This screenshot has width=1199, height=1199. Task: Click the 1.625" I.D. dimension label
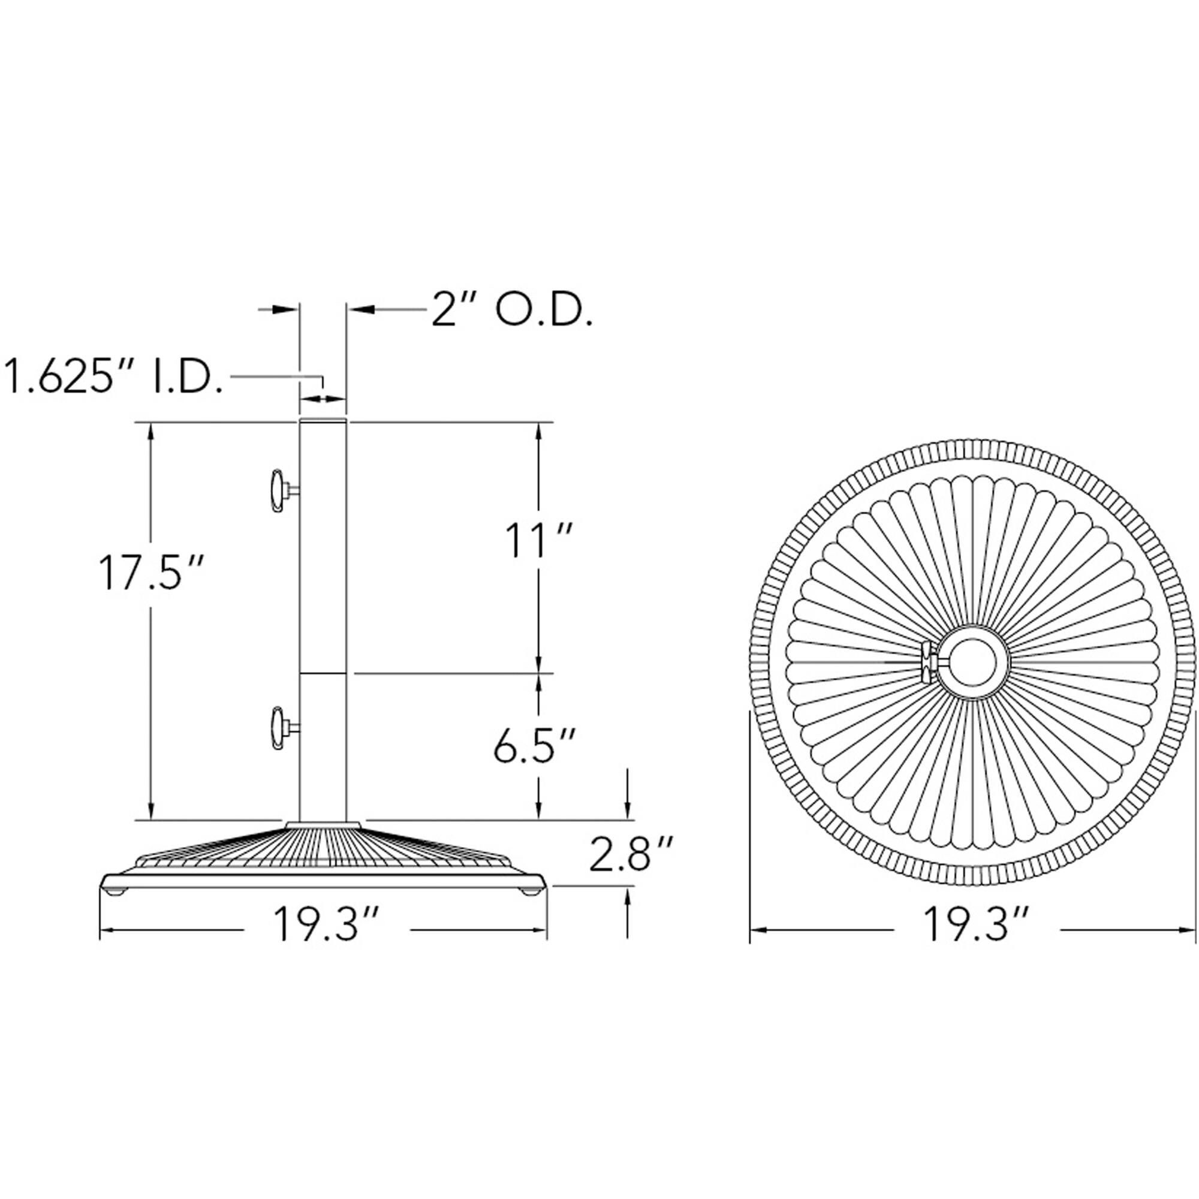pyautogui.click(x=114, y=376)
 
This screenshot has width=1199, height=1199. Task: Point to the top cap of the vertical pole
pyautogui.click(x=323, y=421)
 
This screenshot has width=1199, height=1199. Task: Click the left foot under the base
pyautogui.click(x=116, y=892)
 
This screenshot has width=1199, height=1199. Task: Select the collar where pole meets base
pyautogui.click(x=323, y=825)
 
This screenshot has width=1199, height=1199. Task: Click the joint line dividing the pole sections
pyautogui.click(x=323, y=673)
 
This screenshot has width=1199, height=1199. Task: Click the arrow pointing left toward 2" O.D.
pyautogui.click(x=359, y=308)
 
